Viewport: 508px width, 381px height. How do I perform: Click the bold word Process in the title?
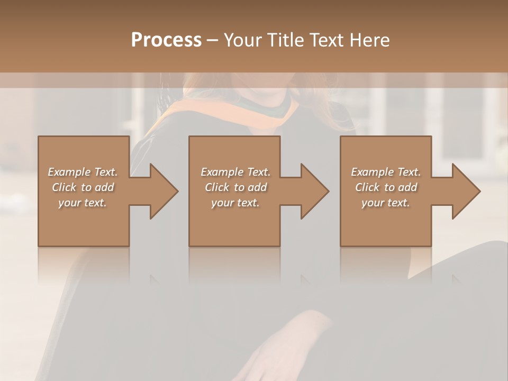pos(166,40)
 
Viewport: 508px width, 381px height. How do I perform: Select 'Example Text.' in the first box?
pos(83,172)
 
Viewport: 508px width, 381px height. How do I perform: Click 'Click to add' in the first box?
pos(83,187)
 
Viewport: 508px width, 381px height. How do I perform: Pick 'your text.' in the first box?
pos(83,203)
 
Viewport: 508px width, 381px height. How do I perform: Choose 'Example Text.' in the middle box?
pos(235,172)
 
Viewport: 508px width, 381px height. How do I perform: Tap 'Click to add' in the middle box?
pos(235,187)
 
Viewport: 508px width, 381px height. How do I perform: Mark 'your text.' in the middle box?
pos(235,203)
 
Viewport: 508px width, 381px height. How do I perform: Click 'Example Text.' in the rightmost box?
pos(386,172)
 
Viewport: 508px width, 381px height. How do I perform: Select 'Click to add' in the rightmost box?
pos(386,187)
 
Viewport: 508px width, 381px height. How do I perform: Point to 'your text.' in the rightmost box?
pos(386,203)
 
